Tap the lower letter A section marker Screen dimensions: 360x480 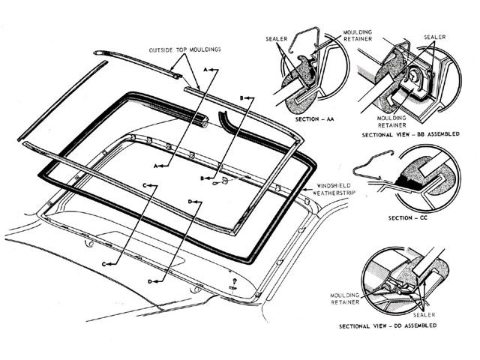[157, 163]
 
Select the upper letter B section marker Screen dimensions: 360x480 [242, 98]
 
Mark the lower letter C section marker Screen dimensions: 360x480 [105, 264]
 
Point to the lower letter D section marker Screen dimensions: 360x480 [152, 280]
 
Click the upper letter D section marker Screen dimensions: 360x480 [192, 201]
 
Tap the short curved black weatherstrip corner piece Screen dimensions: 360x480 [223, 118]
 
